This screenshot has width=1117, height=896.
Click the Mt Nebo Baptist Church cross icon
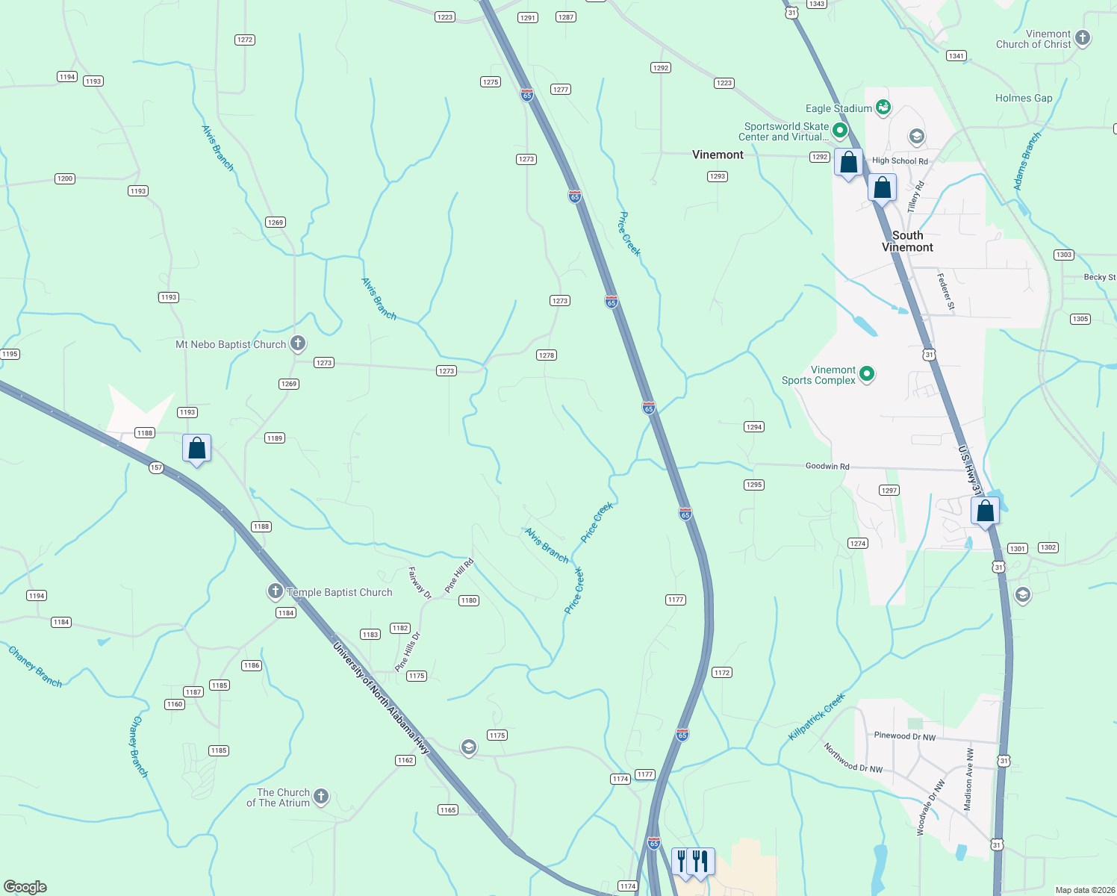(x=298, y=343)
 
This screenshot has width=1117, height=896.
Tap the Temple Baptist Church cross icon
(x=276, y=592)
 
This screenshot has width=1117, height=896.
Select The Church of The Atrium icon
(x=321, y=797)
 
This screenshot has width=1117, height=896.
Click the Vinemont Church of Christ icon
(x=1083, y=38)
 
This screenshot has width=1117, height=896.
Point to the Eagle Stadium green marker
(x=883, y=108)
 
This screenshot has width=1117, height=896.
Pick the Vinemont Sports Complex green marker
(x=867, y=374)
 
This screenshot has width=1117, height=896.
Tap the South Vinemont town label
(x=907, y=241)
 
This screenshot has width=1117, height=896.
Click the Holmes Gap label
(x=1023, y=98)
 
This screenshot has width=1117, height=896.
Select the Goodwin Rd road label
(x=827, y=466)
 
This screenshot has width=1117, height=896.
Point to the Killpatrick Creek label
(x=817, y=717)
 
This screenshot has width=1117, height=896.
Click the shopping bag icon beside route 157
(x=197, y=449)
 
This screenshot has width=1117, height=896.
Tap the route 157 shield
(x=156, y=467)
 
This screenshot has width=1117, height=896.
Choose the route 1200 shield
(x=65, y=178)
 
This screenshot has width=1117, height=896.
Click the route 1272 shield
(x=245, y=40)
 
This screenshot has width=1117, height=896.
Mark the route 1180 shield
(x=468, y=600)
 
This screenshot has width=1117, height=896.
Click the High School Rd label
(x=900, y=161)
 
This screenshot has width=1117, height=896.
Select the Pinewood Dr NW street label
(x=904, y=735)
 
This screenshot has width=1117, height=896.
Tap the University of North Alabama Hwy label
(x=382, y=697)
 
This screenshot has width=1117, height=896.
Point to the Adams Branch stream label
(x=1027, y=161)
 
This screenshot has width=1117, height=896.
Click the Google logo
(x=25, y=886)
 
